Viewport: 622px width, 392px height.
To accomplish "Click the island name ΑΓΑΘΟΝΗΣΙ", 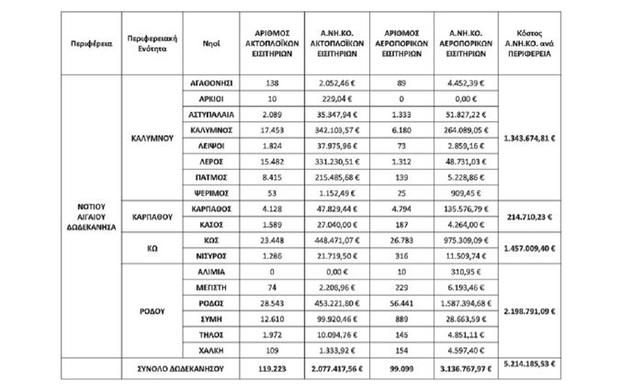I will tap(207, 83).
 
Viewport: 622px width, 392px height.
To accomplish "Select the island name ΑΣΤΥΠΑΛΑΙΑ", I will tap(207, 117).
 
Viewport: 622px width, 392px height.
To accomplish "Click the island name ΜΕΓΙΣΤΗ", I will tap(207, 287).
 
